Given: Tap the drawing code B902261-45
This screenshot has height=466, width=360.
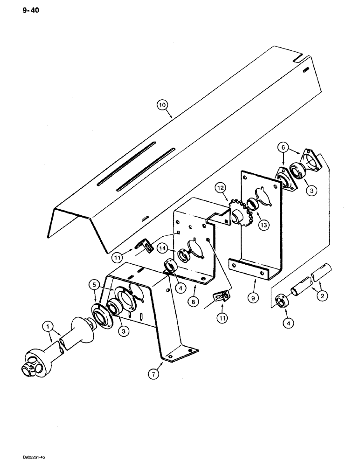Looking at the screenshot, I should (x=24, y=457).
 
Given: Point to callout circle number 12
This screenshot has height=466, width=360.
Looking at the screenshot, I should (x=221, y=188).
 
